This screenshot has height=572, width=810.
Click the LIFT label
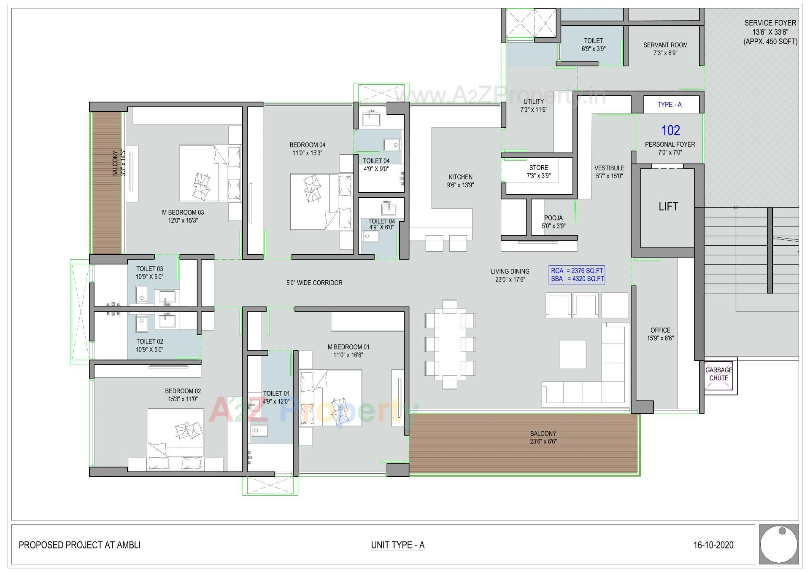668,207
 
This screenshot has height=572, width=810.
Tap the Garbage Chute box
718,374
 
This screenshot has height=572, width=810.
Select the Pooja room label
553,222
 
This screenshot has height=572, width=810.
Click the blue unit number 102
670,131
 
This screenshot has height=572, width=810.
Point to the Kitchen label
460,181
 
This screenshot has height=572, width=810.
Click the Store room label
538,172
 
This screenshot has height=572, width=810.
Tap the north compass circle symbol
778,544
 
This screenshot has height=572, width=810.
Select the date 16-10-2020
713,545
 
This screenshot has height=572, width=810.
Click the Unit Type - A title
397,545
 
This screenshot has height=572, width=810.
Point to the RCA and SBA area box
577,275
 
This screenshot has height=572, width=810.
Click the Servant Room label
665,49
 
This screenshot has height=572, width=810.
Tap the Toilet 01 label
276,397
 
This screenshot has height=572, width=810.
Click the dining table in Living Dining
450,344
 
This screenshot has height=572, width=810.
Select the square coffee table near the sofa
572,354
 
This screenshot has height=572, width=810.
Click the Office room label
660,334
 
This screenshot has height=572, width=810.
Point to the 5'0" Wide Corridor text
314,283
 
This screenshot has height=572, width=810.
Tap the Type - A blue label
669,105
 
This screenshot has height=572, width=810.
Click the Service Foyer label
770,32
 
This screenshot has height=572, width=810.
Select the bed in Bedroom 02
175,438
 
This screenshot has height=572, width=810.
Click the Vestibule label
609,172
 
